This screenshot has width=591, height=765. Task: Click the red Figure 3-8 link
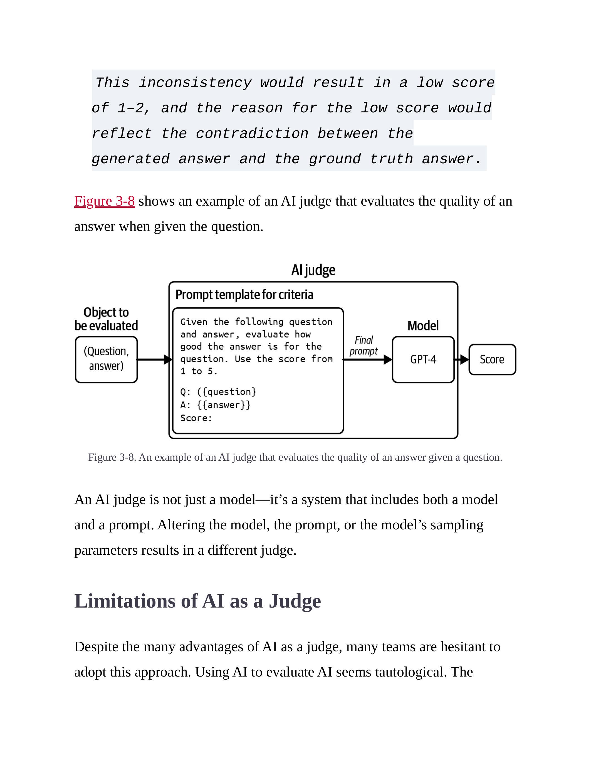click(104, 201)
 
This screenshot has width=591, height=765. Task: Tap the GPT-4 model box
click(423, 359)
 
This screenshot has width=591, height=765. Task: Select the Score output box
click(492, 359)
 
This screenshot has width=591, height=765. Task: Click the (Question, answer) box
click(106, 359)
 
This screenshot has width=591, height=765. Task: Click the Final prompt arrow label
click(363, 346)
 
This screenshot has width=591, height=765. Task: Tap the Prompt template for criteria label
click(244, 295)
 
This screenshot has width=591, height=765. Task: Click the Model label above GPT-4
click(423, 326)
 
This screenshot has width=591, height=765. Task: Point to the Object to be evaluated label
click(106, 319)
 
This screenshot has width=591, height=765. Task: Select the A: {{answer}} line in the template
click(215, 405)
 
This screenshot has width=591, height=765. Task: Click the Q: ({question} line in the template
click(218, 392)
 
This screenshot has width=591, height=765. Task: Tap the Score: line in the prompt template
click(196, 418)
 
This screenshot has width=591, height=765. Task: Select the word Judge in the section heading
click(295, 601)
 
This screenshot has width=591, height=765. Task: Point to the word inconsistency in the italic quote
click(195, 83)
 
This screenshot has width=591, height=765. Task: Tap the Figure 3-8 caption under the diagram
click(295, 457)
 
